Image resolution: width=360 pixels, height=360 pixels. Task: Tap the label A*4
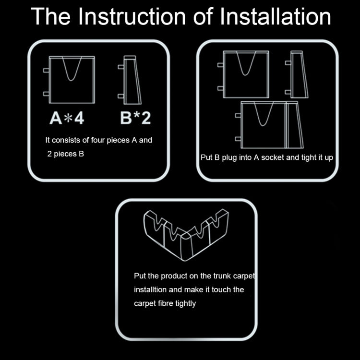pyautogui.click(x=67, y=118)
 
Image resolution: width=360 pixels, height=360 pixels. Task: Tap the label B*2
pyautogui.click(x=135, y=118)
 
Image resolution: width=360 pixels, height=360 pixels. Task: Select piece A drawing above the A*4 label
pyautogui.click(x=71, y=80)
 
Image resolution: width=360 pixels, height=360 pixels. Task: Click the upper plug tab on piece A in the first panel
pyautogui.click(x=47, y=70)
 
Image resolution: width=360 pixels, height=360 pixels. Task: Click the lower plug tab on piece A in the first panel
pyautogui.click(x=47, y=93)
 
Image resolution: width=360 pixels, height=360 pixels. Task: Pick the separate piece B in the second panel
pyautogui.click(x=297, y=74)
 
